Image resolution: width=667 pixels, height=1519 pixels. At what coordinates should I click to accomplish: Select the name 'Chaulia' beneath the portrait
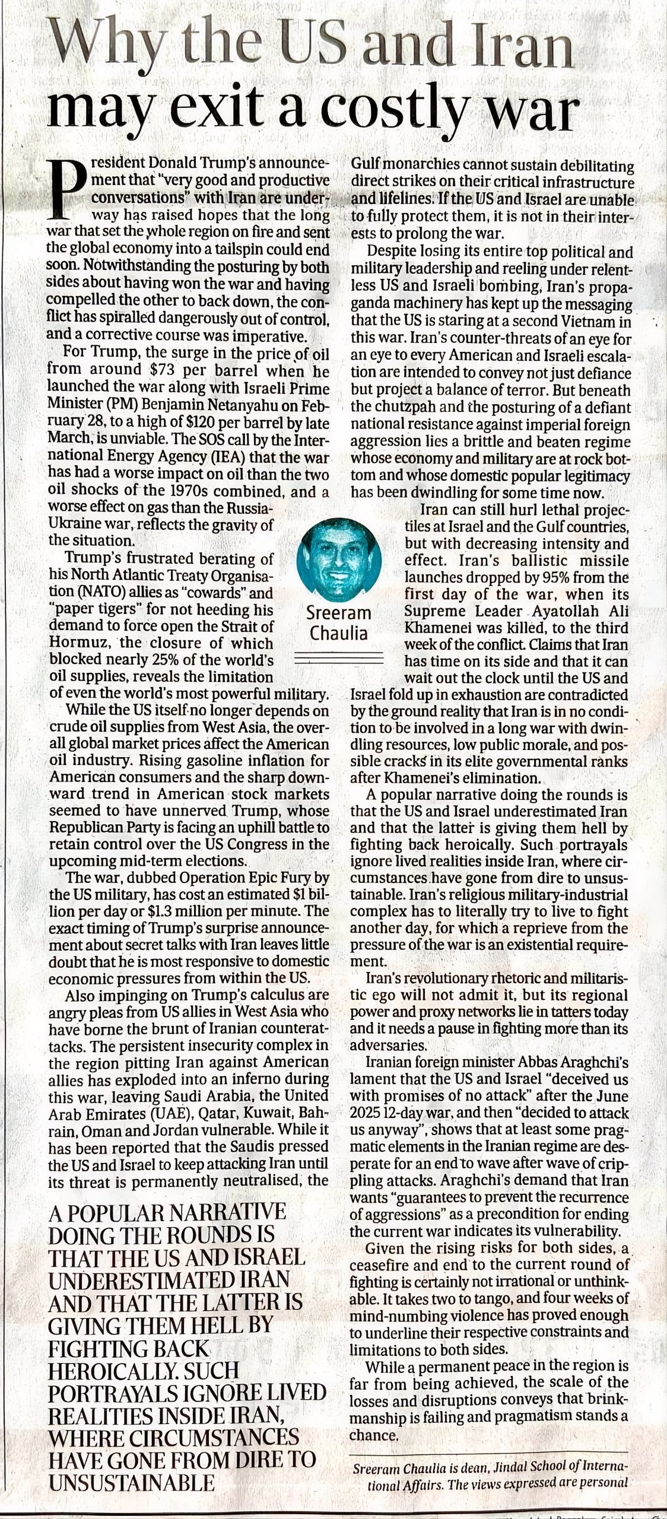coord(338,633)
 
